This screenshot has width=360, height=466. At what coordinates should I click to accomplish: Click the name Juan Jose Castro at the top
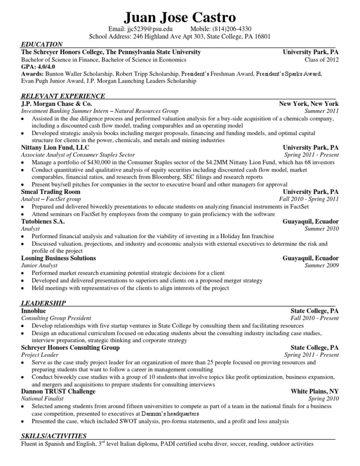(180, 17)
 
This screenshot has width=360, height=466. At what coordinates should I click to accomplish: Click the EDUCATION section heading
(43, 44)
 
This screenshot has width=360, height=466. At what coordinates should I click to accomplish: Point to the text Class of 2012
(322, 60)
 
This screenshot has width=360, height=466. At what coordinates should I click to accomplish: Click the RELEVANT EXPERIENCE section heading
(63, 96)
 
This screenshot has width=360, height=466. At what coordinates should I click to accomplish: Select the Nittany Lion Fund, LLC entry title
(55, 147)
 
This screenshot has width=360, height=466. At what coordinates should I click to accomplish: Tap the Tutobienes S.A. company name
(43, 221)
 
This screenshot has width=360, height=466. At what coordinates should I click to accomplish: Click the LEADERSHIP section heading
(44, 303)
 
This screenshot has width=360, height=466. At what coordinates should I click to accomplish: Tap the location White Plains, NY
(315, 391)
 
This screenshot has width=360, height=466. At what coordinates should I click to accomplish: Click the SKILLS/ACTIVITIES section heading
(54, 436)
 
